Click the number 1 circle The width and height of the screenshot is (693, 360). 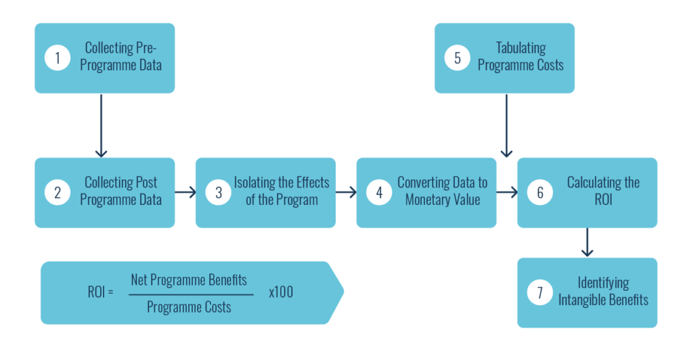point(58,58)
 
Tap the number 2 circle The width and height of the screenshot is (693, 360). point(58,192)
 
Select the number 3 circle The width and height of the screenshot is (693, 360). point(219,192)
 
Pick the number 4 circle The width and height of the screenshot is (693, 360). point(379,192)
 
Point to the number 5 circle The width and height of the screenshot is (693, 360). point(457,58)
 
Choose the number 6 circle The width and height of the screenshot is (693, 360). point(540,192)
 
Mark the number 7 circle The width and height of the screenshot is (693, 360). point(540,292)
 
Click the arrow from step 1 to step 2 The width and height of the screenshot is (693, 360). point(100,125)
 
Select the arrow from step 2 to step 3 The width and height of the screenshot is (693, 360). point(185,192)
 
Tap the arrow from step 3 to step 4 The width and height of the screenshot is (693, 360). point(346,192)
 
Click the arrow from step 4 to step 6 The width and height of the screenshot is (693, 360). point(506,192)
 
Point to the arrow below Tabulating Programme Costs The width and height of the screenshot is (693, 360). point(506,125)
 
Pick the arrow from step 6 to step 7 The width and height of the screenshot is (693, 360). point(587,242)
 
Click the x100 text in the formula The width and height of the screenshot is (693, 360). point(281,293)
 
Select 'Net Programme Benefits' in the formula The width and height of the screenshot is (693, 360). point(189,279)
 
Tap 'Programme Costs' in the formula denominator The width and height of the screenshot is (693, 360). point(189,307)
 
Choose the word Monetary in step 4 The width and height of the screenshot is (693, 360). point(428,200)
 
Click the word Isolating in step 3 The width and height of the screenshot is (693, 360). point(255,183)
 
